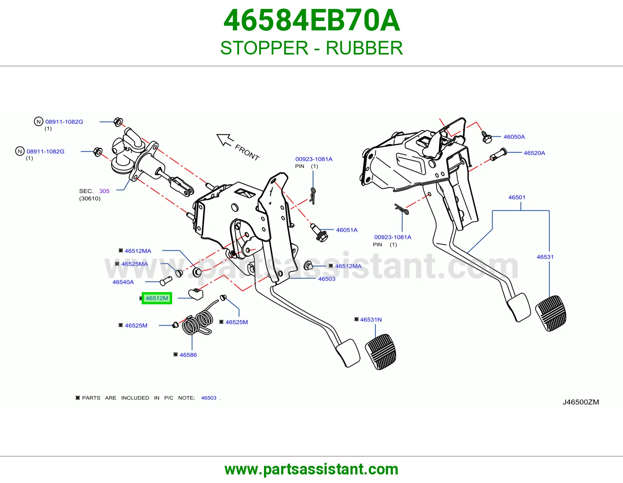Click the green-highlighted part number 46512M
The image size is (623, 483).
(157, 298)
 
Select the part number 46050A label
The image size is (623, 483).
(514, 137)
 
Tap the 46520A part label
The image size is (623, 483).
(534, 153)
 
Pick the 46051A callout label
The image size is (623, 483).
(347, 230)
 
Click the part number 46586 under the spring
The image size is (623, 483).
(188, 355)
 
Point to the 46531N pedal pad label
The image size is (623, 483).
(371, 319)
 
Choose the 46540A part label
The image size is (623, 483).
(123, 282)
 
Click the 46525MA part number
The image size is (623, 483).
(134, 264)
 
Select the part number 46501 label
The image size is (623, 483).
(517, 197)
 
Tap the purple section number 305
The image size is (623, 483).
(104, 191)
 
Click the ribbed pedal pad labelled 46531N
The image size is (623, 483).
(381, 352)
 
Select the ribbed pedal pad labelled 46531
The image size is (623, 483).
(551, 313)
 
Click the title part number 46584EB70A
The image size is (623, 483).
(311, 20)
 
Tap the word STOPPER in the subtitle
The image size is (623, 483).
(264, 48)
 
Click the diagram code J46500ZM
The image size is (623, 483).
(581, 402)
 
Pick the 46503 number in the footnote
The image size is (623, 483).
(208, 398)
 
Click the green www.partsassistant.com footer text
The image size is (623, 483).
(311, 469)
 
